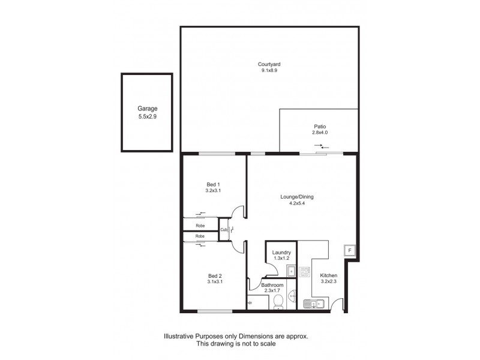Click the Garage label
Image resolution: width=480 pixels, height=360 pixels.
click(x=147, y=109)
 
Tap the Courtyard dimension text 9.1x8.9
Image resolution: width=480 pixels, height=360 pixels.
click(x=269, y=70)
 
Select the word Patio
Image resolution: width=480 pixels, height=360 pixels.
click(x=319, y=127)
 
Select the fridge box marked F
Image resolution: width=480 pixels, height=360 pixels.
click(x=349, y=250)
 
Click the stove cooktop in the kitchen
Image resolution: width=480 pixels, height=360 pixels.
click(x=304, y=273)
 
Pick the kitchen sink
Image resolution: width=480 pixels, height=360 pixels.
click(x=314, y=304)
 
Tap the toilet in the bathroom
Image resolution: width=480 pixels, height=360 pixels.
click(x=278, y=303)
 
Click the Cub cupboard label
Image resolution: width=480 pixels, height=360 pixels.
click(x=223, y=229)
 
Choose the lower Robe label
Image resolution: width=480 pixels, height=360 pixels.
click(x=199, y=236)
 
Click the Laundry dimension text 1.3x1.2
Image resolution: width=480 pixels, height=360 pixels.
click(x=281, y=259)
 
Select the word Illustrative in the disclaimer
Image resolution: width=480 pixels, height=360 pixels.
click(x=178, y=337)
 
